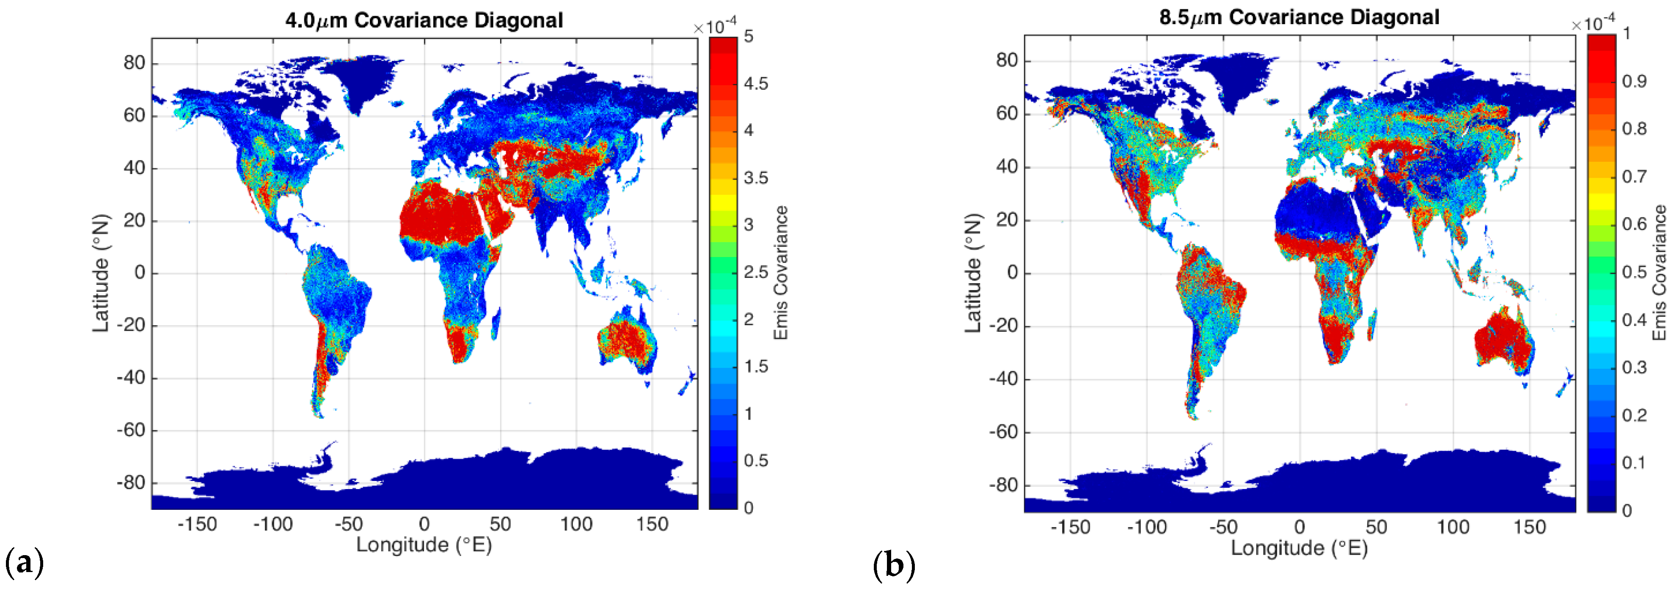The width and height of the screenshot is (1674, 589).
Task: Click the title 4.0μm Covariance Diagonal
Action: [424, 20]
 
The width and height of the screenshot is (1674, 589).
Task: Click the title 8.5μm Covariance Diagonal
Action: [1299, 17]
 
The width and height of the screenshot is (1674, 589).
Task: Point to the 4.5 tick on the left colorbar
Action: [756, 84]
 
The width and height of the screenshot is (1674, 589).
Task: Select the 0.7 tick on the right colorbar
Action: [1634, 176]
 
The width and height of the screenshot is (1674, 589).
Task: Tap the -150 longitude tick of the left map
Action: [197, 524]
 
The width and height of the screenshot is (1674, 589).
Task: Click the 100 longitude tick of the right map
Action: [1453, 527]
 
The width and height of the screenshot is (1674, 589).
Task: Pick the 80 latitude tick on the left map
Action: [135, 63]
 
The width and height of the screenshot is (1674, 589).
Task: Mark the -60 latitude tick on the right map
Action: [1003, 431]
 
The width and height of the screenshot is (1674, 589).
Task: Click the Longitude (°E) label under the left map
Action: [424, 545]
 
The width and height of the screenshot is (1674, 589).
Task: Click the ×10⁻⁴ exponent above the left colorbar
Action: [715, 27]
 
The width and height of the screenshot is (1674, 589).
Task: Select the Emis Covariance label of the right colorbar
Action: [1659, 273]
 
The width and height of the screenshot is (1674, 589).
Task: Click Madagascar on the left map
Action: [496, 323]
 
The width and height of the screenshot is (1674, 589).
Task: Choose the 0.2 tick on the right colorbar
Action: [1634, 415]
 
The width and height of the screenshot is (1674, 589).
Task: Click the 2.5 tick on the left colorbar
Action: [756, 272]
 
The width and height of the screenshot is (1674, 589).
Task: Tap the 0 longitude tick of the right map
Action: [1299, 527]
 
